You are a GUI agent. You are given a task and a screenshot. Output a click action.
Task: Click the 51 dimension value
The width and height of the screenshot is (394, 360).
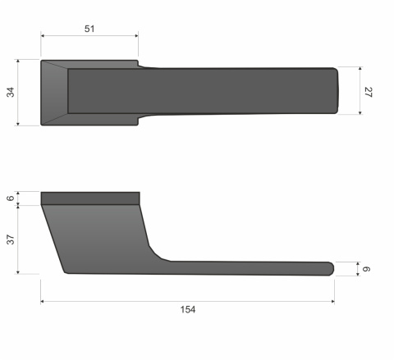click(x=89, y=29)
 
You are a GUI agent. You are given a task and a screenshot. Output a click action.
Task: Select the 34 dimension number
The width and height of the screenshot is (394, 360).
click(x=11, y=92)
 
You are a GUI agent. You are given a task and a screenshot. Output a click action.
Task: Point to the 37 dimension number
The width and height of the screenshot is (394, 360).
click(x=11, y=239)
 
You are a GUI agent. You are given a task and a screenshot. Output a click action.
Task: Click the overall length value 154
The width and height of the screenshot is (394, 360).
click(x=188, y=310)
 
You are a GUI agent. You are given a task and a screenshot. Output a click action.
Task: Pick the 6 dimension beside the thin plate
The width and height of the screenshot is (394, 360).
click(x=11, y=198)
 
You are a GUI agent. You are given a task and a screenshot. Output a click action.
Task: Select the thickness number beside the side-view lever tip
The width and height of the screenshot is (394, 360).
click(x=369, y=268)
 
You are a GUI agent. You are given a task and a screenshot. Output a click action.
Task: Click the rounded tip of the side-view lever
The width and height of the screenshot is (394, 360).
click(x=331, y=268)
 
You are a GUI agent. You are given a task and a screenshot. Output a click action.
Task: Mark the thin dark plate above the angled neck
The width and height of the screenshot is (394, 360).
click(x=90, y=198)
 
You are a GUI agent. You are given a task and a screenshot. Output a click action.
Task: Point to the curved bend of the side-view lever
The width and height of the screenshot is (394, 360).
click(x=156, y=253)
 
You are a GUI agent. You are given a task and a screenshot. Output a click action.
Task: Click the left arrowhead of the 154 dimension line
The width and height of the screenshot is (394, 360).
click(x=43, y=302)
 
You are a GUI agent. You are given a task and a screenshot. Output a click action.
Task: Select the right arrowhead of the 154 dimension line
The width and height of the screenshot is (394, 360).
click(x=332, y=302)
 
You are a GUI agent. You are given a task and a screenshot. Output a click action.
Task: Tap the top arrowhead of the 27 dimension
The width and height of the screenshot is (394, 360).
click(x=360, y=70)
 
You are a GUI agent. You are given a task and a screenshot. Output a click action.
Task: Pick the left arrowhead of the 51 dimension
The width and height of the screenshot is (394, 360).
click(x=44, y=36)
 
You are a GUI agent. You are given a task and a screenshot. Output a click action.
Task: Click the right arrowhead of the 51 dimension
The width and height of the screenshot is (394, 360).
click(x=135, y=36)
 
